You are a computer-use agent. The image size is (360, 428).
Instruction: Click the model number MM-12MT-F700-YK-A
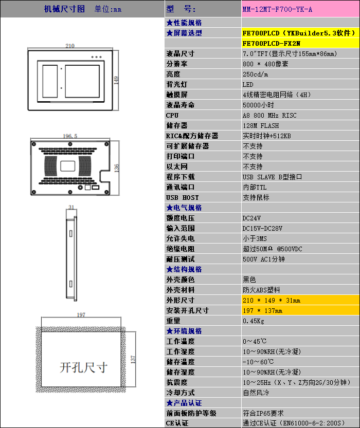coord(277,9)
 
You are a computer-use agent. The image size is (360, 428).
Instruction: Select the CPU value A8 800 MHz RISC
coord(269,115)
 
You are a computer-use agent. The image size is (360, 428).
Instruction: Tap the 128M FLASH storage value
coord(261,125)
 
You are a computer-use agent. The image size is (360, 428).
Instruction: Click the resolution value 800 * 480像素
coord(265,64)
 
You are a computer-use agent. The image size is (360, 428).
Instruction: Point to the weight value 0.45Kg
coord(254,321)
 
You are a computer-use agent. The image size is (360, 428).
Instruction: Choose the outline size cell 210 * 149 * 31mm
coord(272,300)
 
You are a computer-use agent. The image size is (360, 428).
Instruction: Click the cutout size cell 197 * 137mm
coord(262,310)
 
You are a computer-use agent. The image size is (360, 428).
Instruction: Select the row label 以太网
coord(177,166)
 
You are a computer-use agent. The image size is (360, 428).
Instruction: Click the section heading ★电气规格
coord(184,208)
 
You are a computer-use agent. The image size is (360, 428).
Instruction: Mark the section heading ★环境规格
coord(184,331)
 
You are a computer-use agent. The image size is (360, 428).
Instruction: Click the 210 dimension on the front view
coord(70,46)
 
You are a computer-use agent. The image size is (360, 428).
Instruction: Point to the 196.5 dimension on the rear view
coord(70,136)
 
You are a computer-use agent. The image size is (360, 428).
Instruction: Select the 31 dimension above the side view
coord(71,207)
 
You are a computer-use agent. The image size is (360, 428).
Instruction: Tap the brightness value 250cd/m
coord(256,74)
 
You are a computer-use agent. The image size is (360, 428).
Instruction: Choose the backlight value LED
coord(248,84)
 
